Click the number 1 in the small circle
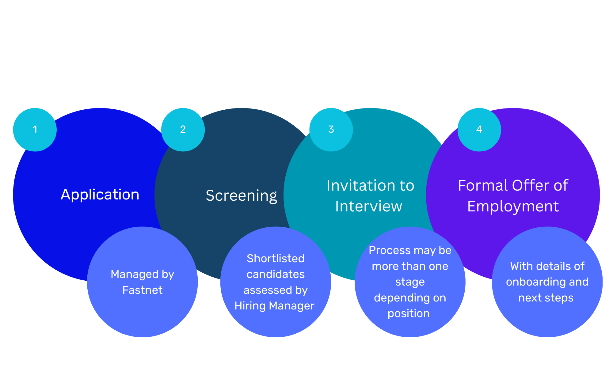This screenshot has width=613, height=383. (x=35, y=129)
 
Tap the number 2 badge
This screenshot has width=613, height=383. (x=183, y=129)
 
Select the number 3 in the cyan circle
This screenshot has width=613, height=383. (x=331, y=129)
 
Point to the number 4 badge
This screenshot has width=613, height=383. (x=479, y=129)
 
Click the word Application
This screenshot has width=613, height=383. (x=100, y=195)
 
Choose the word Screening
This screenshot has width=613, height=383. (x=241, y=196)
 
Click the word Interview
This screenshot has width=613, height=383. (x=368, y=206)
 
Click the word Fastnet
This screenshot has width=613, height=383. (x=142, y=290)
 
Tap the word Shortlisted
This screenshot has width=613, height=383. (x=276, y=259)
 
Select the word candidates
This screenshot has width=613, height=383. (x=276, y=274)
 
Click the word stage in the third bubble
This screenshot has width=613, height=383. (x=410, y=282)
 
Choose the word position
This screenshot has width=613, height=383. (x=409, y=313)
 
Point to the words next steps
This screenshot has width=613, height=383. (x=546, y=298)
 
